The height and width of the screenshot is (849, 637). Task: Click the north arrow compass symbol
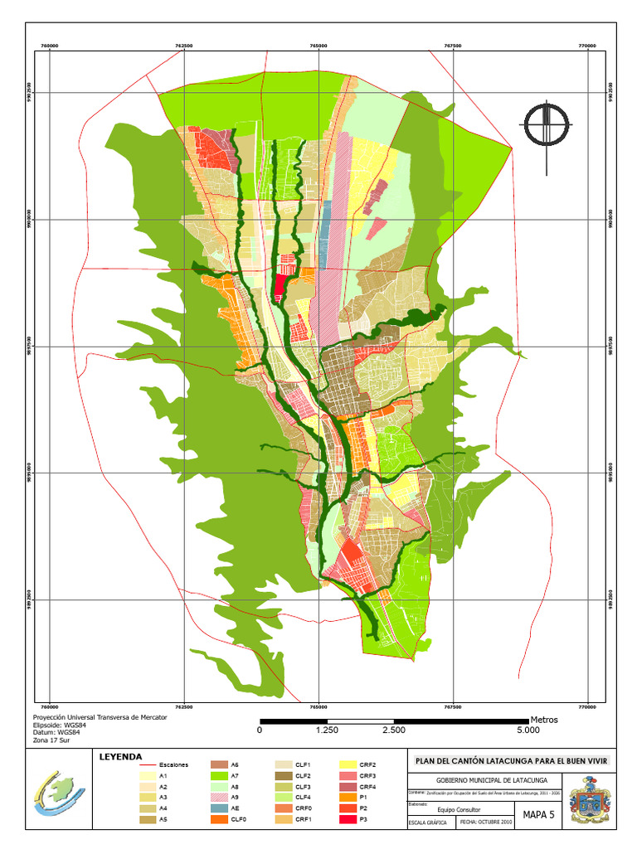pyautogui.click(x=546, y=125)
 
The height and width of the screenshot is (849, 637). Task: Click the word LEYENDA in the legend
pyautogui.click(x=120, y=756)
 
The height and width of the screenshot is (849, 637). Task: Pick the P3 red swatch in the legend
pyautogui.click(x=349, y=820)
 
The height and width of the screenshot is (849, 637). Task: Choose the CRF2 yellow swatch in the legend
pyautogui.click(x=349, y=764)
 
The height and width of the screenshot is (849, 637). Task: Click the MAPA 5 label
pyautogui.click(x=537, y=815)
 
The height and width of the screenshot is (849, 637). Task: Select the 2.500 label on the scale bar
pyautogui.click(x=394, y=730)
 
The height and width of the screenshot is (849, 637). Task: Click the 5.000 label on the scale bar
pyautogui.click(x=528, y=730)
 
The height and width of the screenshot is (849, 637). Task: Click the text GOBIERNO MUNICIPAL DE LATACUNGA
pyautogui.click(x=486, y=781)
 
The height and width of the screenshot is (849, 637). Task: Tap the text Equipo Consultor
pyautogui.click(x=458, y=810)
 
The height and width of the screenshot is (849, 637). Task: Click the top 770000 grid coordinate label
pyautogui.click(x=587, y=46)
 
